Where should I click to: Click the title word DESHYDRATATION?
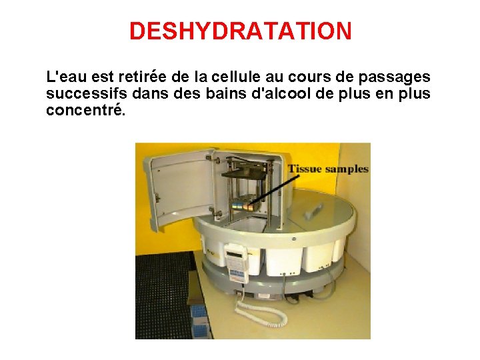point(240,31)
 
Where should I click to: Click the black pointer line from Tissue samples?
point(273,183)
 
